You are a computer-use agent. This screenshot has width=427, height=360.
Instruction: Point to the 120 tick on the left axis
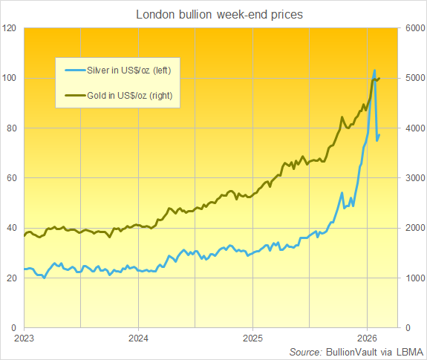[x=10, y=28]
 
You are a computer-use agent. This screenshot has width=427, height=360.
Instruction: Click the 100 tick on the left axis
[x=10, y=78]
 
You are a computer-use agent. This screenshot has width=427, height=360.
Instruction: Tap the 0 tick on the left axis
[x=15, y=327]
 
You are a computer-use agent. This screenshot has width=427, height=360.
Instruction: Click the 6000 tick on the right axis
[x=414, y=28]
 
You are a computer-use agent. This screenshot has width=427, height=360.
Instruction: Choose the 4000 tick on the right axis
[x=414, y=128]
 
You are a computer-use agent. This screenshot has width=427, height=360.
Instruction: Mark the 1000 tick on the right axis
[x=414, y=278]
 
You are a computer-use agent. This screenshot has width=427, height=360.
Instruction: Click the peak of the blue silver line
[x=374, y=71]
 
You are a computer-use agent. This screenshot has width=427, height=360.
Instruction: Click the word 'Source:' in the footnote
[x=307, y=351]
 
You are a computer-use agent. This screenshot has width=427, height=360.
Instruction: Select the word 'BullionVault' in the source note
[x=351, y=351]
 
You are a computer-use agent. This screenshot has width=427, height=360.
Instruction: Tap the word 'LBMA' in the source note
[x=407, y=351]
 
